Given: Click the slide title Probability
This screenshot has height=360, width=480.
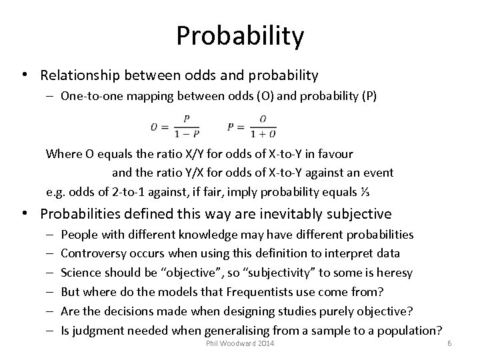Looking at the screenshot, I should pyautogui.click(x=240, y=36).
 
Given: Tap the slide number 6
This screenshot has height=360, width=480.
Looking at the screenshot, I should pyautogui.click(x=449, y=343).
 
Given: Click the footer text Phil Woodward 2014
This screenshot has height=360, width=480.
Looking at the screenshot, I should pyautogui.click(x=239, y=343).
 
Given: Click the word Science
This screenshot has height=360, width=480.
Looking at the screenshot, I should pyautogui.click(x=79, y=272).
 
